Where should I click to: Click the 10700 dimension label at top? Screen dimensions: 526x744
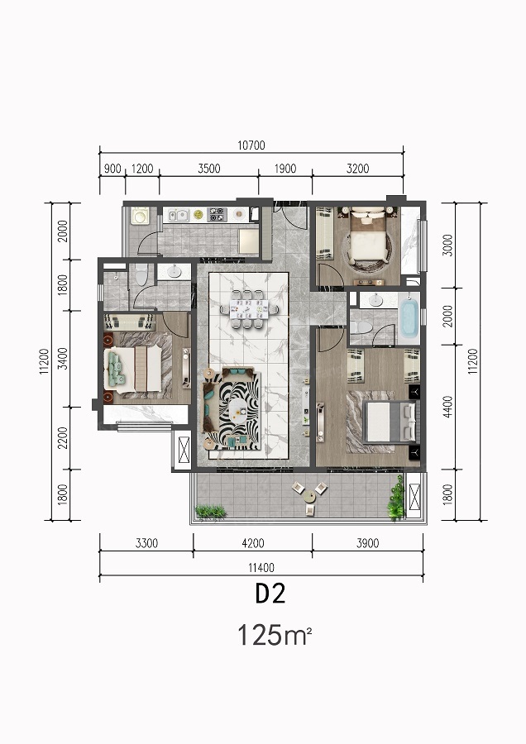click(251, 145)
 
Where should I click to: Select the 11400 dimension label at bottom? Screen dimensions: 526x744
click(261, 567)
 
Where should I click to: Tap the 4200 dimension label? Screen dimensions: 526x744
click(252, 543)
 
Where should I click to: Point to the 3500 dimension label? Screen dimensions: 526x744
click(209, 169)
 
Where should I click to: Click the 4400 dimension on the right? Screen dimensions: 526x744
click(447, 407)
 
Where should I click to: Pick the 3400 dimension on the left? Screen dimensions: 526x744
click(62, 359)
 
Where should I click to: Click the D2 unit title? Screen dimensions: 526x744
click(270, 594)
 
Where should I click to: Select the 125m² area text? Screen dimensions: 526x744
click(275, 635)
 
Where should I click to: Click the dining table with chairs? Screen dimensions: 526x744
click(248, 309)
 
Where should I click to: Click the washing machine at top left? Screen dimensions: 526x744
click(140, 216)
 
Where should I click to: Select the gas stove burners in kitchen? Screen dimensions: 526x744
click(217, 214)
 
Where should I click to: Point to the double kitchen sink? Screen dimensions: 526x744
click(177, 215)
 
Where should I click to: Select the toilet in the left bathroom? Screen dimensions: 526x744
click(141, 274)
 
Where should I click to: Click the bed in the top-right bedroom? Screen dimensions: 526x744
click(366, 238)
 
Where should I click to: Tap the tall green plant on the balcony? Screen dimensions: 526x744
click(396, 498)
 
